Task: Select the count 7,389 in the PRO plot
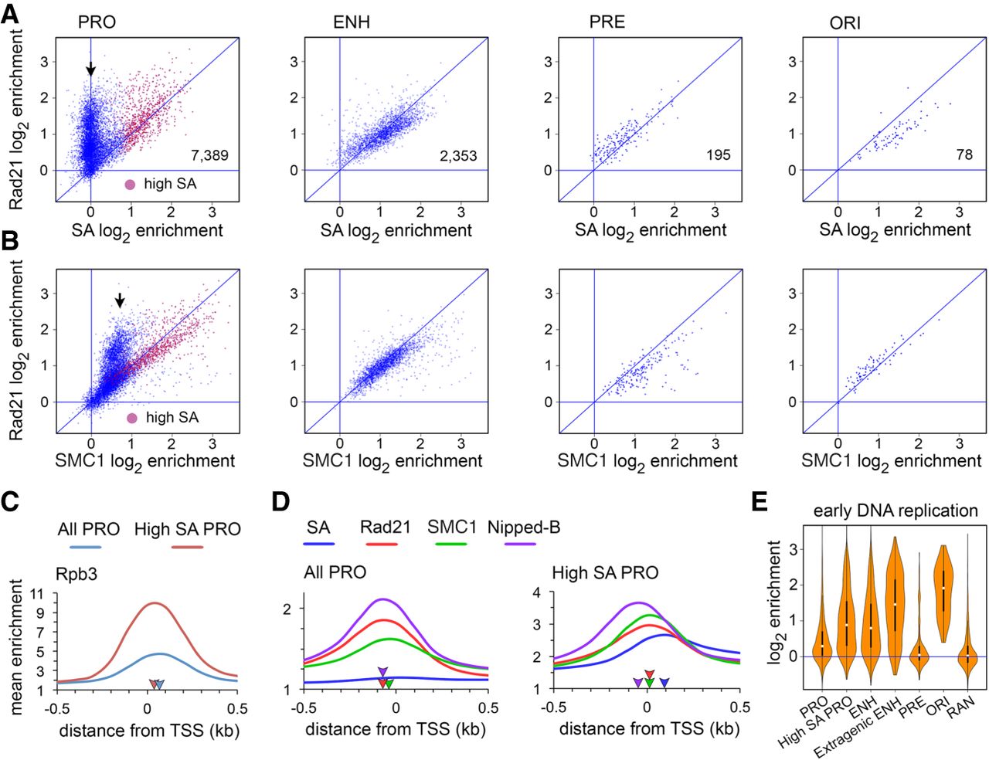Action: click(209, 155)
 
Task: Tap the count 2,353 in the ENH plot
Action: click(458, 155)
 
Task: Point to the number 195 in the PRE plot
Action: click(718, 155)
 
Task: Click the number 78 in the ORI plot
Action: click(964, 154)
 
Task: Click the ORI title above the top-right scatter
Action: click(845, 23)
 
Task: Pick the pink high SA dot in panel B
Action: click(131, 418)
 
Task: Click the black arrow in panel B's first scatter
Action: click(119, 300)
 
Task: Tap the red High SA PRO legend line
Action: click(187, 548)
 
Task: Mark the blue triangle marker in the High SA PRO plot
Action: click(665, 683)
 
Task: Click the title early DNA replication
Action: click(895, 511)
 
